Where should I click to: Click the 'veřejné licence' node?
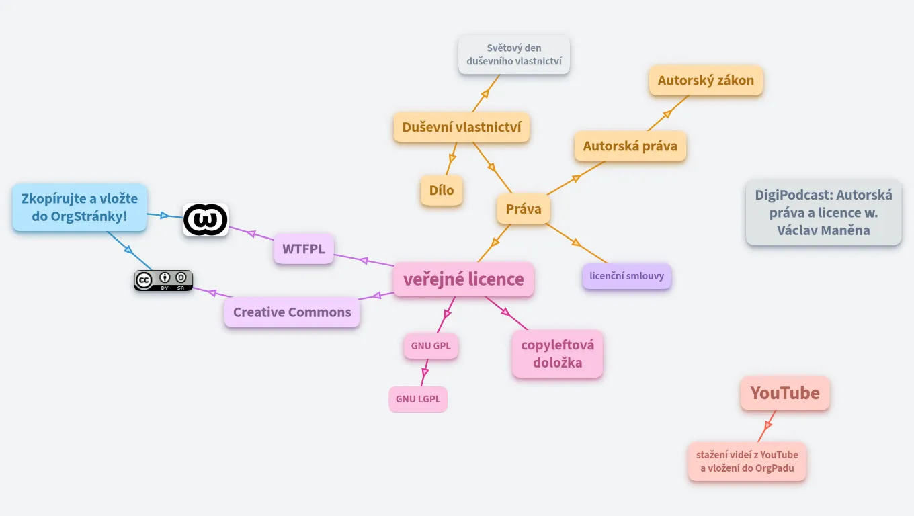pyautogui.click(x=463, y=279)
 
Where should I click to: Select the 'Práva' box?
pyautogui.click(x=524, y=209)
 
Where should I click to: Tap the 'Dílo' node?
pyautogui.click(x=442, y=190)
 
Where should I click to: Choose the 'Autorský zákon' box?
pyautogui.click(x=706, y=81)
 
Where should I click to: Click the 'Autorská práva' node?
pyautogui.click(x=630, y=146)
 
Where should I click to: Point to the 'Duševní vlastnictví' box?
pyautogui.click(x=462, y=127)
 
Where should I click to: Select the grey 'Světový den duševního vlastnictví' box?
pyautogui.click(x=514, y=55)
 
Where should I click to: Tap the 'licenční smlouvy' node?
pyautogui.click(x=626, y=275)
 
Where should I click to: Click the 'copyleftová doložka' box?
pyautogui.click(x=557, y=353)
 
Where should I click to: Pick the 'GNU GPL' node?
pyautogui.click(x=431, y=346)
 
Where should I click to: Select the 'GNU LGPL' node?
pyautogui.click(x=418, y=399)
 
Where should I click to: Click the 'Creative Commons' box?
pyautogui.click(x=292, y=312)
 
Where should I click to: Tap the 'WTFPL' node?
pyautogui.click(x=304, y=249)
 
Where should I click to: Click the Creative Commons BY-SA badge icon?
pyautogui.click(x=163, y=280)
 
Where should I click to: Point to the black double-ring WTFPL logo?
pyautogui.click(x=206, y=220)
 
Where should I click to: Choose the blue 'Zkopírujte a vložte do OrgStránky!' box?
pyautogui.click(x=79, y=208)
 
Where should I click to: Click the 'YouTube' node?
pyautogui.click(x=785, y=393)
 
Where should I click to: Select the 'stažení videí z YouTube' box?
pyautogui.click(x=747, y=462)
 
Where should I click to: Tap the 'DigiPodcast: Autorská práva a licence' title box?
pyautogui.click(x=823, y=212)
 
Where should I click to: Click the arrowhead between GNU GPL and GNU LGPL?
pyautogui.click(x=425, y=372)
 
